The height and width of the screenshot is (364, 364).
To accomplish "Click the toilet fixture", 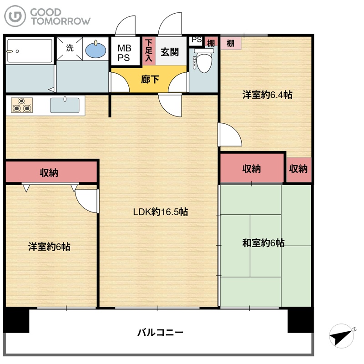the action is point(203,60).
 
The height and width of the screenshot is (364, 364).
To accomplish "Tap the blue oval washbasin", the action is point(96,50).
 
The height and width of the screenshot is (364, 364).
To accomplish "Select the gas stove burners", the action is point(22,105).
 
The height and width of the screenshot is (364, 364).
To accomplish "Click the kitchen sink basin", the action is point(65,105).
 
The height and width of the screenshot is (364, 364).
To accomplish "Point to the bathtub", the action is point(30,51).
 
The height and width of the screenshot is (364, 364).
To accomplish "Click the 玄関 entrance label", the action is point(170,52).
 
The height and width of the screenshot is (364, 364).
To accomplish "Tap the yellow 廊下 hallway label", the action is point(150,79).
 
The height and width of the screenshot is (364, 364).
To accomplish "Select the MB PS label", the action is point(124,53).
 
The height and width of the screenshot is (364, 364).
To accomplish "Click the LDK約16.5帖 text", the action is point(161,212).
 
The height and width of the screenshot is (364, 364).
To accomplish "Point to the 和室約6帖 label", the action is point(263,243).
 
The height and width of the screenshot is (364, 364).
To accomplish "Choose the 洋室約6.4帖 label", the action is point(267,95).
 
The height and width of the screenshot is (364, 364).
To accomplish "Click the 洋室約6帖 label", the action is point(49,247).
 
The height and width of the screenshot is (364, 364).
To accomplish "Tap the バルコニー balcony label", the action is point(161,333).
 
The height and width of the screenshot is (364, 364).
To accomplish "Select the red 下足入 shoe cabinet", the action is point(149,51).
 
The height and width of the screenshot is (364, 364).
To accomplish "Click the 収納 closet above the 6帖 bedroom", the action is point(51,172).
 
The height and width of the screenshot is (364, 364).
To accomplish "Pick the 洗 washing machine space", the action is point(70,48).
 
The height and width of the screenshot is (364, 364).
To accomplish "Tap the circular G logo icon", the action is point(15,16).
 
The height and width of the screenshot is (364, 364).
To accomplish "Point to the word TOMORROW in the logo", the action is point(61,21).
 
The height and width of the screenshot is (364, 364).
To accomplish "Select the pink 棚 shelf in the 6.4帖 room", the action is point(231,43).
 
